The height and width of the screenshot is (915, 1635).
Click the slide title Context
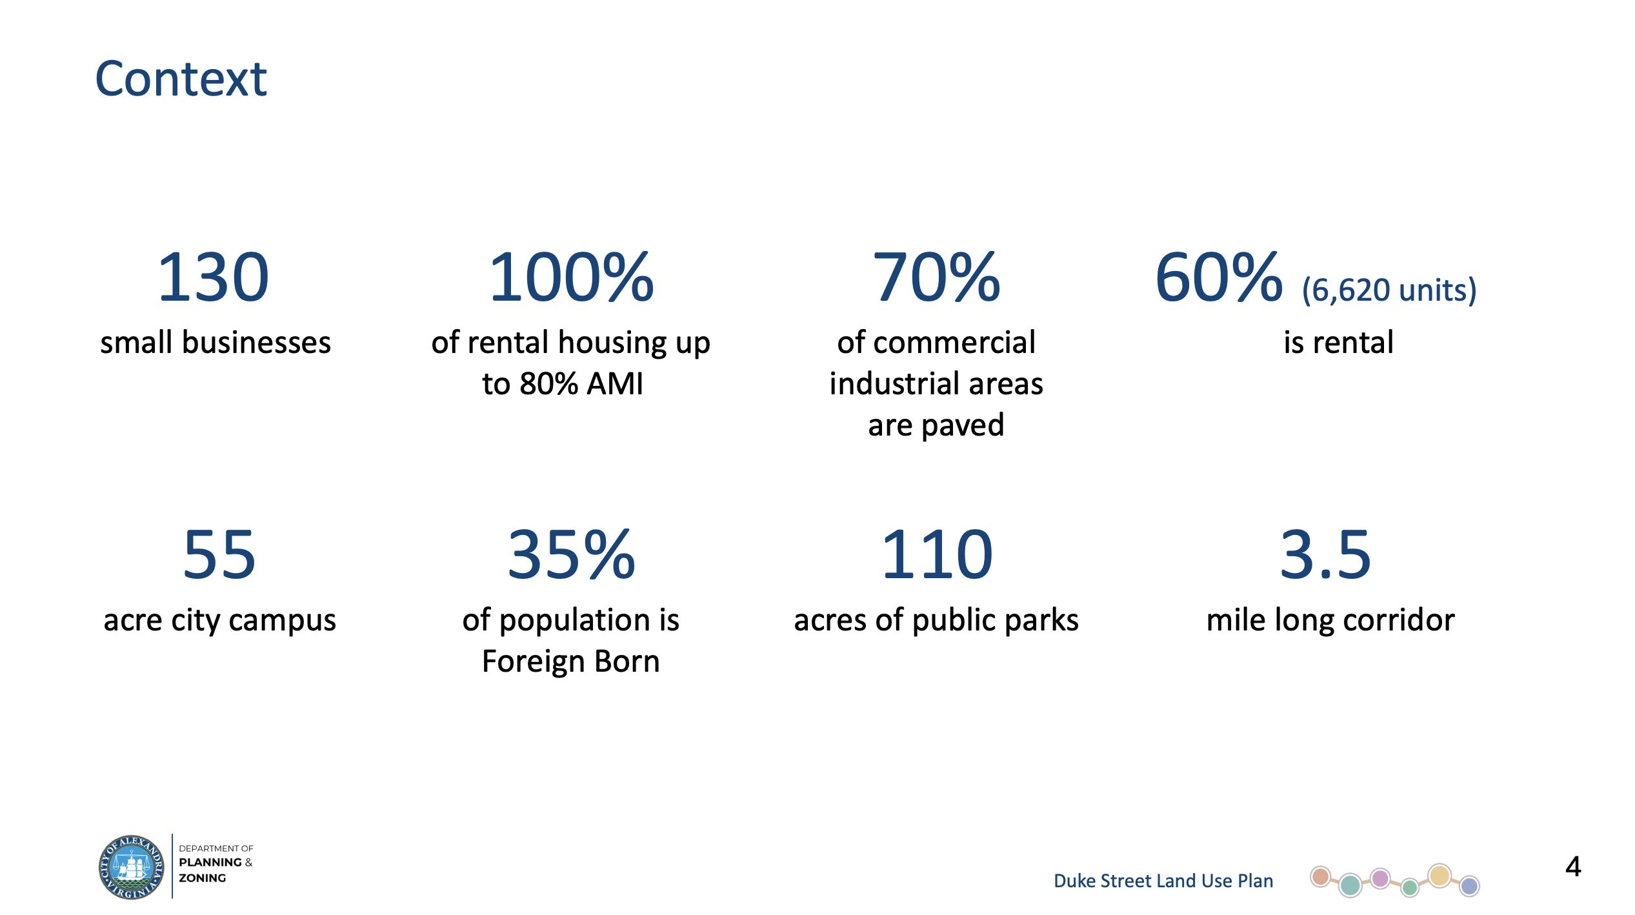[181, 79]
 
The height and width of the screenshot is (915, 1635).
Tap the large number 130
[213, 277]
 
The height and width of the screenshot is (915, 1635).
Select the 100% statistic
[572, 277]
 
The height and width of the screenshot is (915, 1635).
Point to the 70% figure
[936, 277]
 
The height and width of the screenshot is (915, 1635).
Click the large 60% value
[1219, 277]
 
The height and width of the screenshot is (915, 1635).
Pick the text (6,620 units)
[1389, 290]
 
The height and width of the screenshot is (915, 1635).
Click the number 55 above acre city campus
[219, 554]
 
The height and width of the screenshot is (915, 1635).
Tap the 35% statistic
[572, 554]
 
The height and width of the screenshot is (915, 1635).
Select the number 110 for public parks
[936, 554]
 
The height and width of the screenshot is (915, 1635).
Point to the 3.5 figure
[1325, 554]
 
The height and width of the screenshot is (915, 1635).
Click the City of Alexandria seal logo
[132, 867]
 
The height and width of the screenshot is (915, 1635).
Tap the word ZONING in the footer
[203, 878]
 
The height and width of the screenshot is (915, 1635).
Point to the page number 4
[1573, 867]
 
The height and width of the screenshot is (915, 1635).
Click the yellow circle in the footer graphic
[1439, 876]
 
